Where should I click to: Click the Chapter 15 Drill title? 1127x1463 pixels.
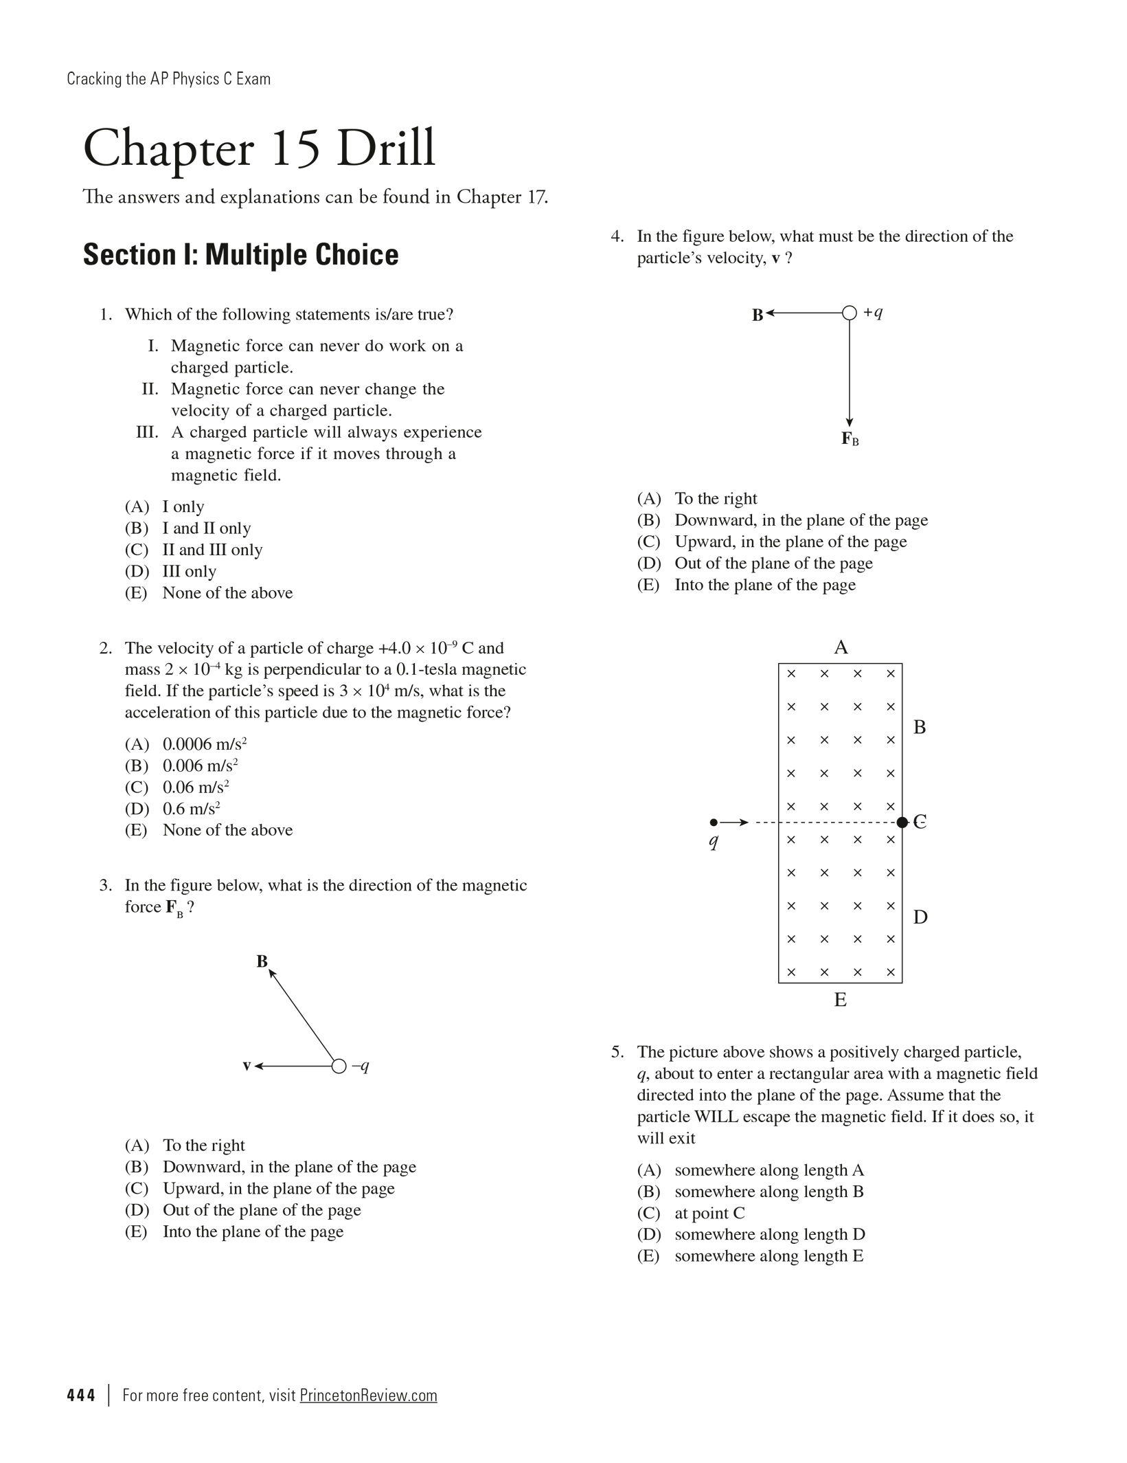pos(259,148)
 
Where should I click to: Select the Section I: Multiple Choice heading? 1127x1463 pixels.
pos(240,255)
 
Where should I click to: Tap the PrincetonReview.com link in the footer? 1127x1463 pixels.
pos(368,1396)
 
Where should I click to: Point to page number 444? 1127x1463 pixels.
pos(81,1396)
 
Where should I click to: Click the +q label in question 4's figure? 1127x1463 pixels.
pos(873,313)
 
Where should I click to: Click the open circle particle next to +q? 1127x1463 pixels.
pos(850,313)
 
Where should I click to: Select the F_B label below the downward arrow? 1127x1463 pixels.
pos(850,438)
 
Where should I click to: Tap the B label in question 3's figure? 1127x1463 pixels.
pos(262,961)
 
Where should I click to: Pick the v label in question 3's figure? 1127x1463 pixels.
pos(247,1066)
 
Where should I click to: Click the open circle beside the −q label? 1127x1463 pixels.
pos(339,1066)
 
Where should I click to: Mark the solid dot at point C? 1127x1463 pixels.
pos(902,822)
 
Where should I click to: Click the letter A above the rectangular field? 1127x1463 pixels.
pos(841,647)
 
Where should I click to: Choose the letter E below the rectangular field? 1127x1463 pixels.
pos(840,1000)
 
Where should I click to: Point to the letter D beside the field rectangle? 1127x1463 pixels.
pos(920,917)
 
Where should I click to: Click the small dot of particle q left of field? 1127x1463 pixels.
pos(714,822)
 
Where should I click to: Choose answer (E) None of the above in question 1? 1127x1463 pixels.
pos(209,593)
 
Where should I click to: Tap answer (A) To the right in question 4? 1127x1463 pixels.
pos(697,498)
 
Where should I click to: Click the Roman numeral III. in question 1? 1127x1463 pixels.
pos(148,432)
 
